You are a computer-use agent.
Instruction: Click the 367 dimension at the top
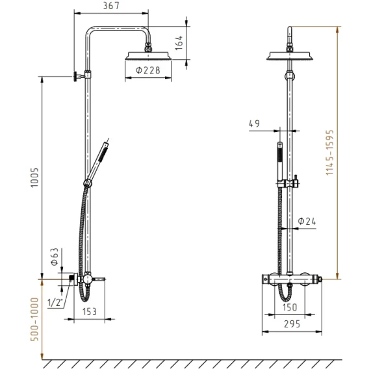111,6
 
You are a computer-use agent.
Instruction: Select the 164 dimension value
179,43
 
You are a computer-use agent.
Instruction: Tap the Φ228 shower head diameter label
147,70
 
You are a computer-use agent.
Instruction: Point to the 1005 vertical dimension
34,177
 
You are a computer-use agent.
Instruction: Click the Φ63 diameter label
55,257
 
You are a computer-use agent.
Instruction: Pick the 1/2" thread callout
55,302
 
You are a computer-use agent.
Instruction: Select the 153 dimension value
90,312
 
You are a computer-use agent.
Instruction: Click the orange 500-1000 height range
34,320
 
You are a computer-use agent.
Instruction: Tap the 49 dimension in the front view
255,123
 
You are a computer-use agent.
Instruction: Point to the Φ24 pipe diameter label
307,222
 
